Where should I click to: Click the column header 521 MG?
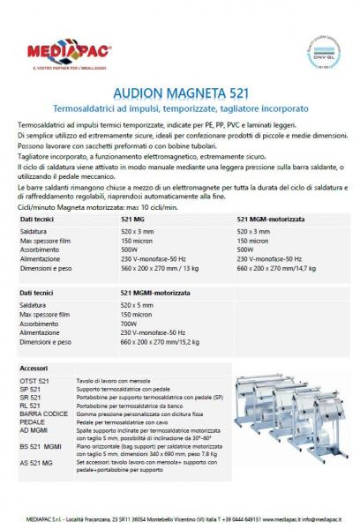(133, 219)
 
